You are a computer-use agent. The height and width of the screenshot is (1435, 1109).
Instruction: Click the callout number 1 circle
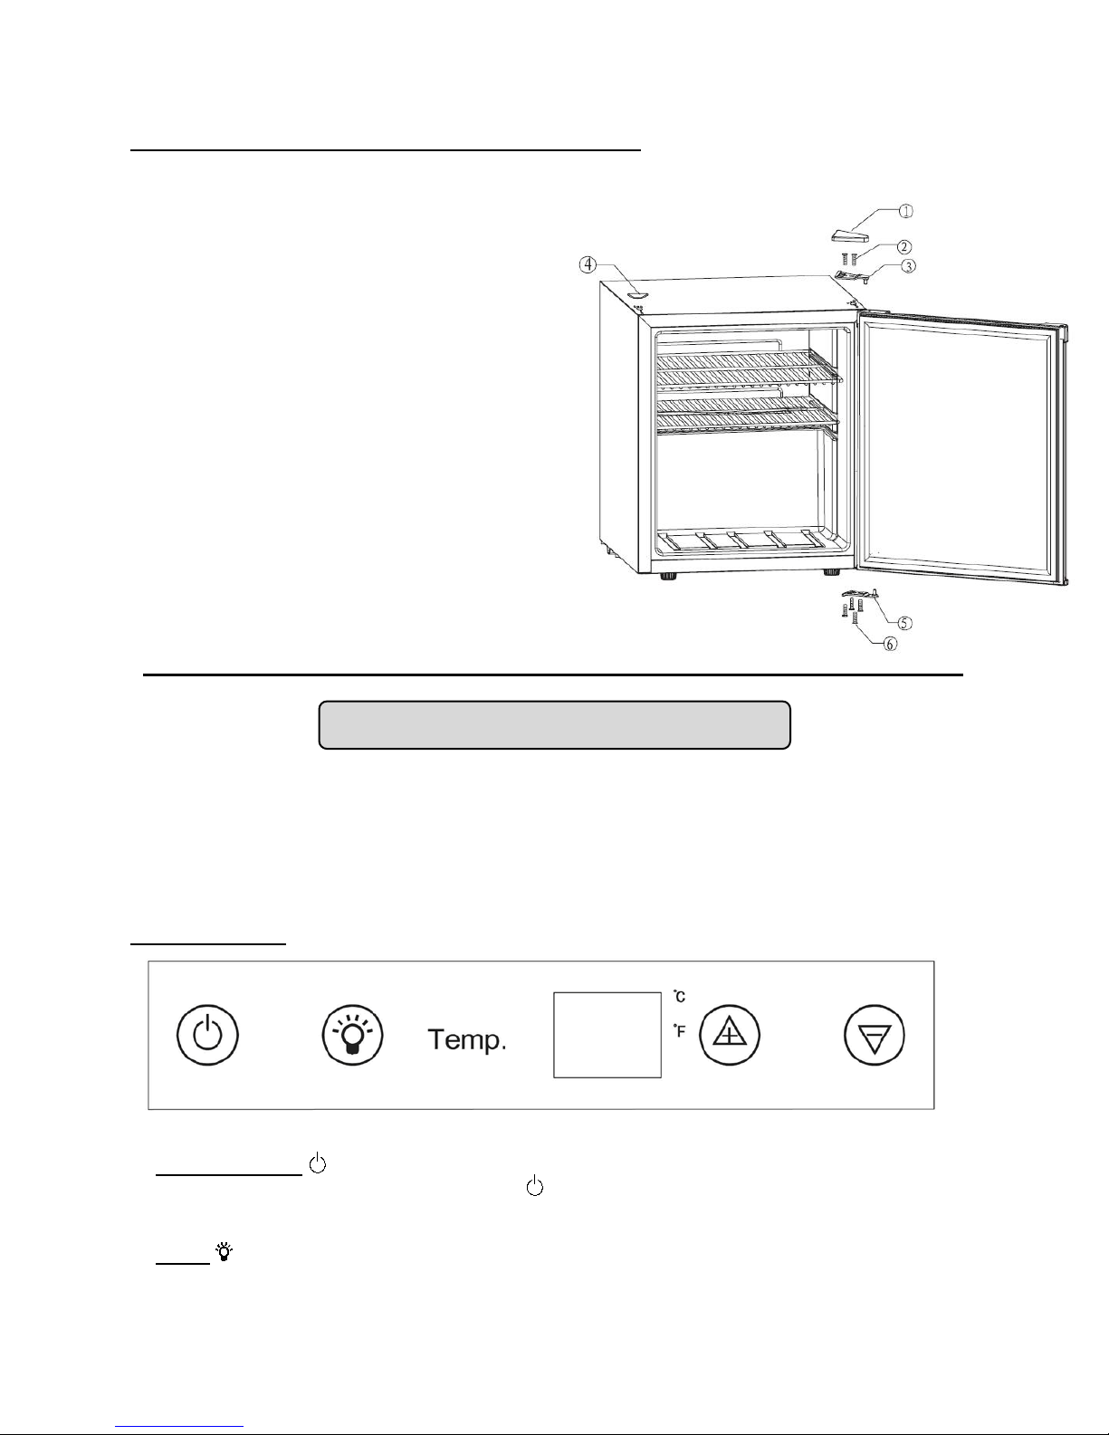905,211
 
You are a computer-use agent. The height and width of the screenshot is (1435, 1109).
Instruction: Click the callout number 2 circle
904,246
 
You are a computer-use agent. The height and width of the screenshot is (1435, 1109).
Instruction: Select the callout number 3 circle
906,265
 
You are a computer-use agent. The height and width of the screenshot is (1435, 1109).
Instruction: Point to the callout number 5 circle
904,622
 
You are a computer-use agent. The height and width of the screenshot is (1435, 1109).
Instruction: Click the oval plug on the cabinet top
636,293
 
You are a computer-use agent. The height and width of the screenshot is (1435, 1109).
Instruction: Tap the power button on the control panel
207,1037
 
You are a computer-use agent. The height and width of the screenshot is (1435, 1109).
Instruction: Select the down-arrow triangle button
875,1037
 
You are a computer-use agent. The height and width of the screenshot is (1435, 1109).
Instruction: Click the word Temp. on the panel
466,1040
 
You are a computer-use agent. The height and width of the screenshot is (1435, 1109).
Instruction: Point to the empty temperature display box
607,1035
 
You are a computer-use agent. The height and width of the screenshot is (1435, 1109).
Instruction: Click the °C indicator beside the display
679,997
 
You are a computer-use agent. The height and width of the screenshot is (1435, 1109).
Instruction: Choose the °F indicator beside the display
679,1030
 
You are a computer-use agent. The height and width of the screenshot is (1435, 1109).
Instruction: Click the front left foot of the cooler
669,577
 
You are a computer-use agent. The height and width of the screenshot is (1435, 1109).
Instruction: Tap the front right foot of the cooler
829,573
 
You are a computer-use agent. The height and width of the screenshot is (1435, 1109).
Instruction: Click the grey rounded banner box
554,724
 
